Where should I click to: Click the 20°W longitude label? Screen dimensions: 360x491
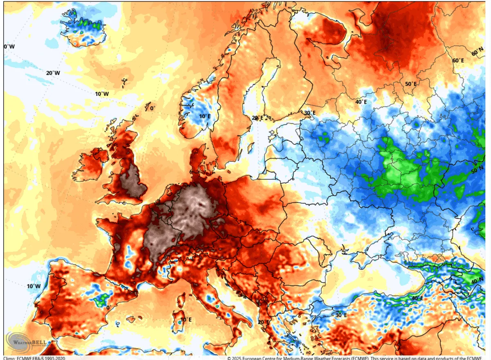(53, 73)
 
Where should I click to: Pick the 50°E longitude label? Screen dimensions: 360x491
(410, 84)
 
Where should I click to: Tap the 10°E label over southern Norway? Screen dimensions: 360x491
(205, 116)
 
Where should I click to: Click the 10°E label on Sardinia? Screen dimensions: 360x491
(186, 319)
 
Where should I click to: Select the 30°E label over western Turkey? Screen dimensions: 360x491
(341, 315)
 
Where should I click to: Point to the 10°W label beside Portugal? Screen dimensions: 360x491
(34, 286)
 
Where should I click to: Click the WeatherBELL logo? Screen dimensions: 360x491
(26, 342)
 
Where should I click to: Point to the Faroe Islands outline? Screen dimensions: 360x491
(124, 84)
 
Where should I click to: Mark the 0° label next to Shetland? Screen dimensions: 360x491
(152, 108)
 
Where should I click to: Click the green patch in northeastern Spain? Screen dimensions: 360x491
(101, 299)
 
